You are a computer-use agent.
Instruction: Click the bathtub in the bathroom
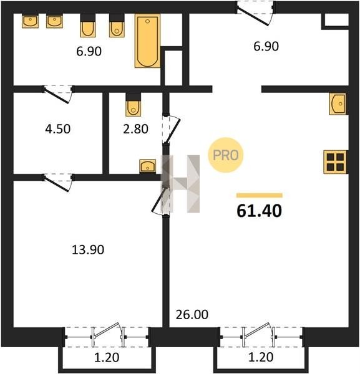coord(147,41)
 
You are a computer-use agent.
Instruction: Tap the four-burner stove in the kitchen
coord(335,162)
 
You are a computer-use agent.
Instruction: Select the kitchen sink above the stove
coord(338,103)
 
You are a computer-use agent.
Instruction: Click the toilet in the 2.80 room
coord(134,105)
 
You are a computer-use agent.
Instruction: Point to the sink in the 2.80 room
coord(147,166)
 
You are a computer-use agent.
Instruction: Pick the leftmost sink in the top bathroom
coord(31,21)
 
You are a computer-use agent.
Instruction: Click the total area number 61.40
coord(260,211)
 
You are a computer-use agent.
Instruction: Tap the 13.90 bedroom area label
coord(88,250)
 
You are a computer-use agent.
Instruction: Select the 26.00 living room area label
coord(192,315)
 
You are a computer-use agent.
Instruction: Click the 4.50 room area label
coord(58,129)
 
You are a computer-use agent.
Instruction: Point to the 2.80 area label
coord(135,129)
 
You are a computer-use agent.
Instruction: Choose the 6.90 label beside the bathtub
coord(89,51)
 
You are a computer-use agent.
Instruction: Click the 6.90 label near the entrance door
coord(266,46)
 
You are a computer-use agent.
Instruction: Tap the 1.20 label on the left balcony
coord(107,358)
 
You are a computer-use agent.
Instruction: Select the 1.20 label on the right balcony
coord(261,357)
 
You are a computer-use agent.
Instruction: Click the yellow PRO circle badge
coord(226,155)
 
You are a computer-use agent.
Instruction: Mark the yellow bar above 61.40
coord(260,196)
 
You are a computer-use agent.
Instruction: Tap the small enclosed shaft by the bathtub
coord(173,68)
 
